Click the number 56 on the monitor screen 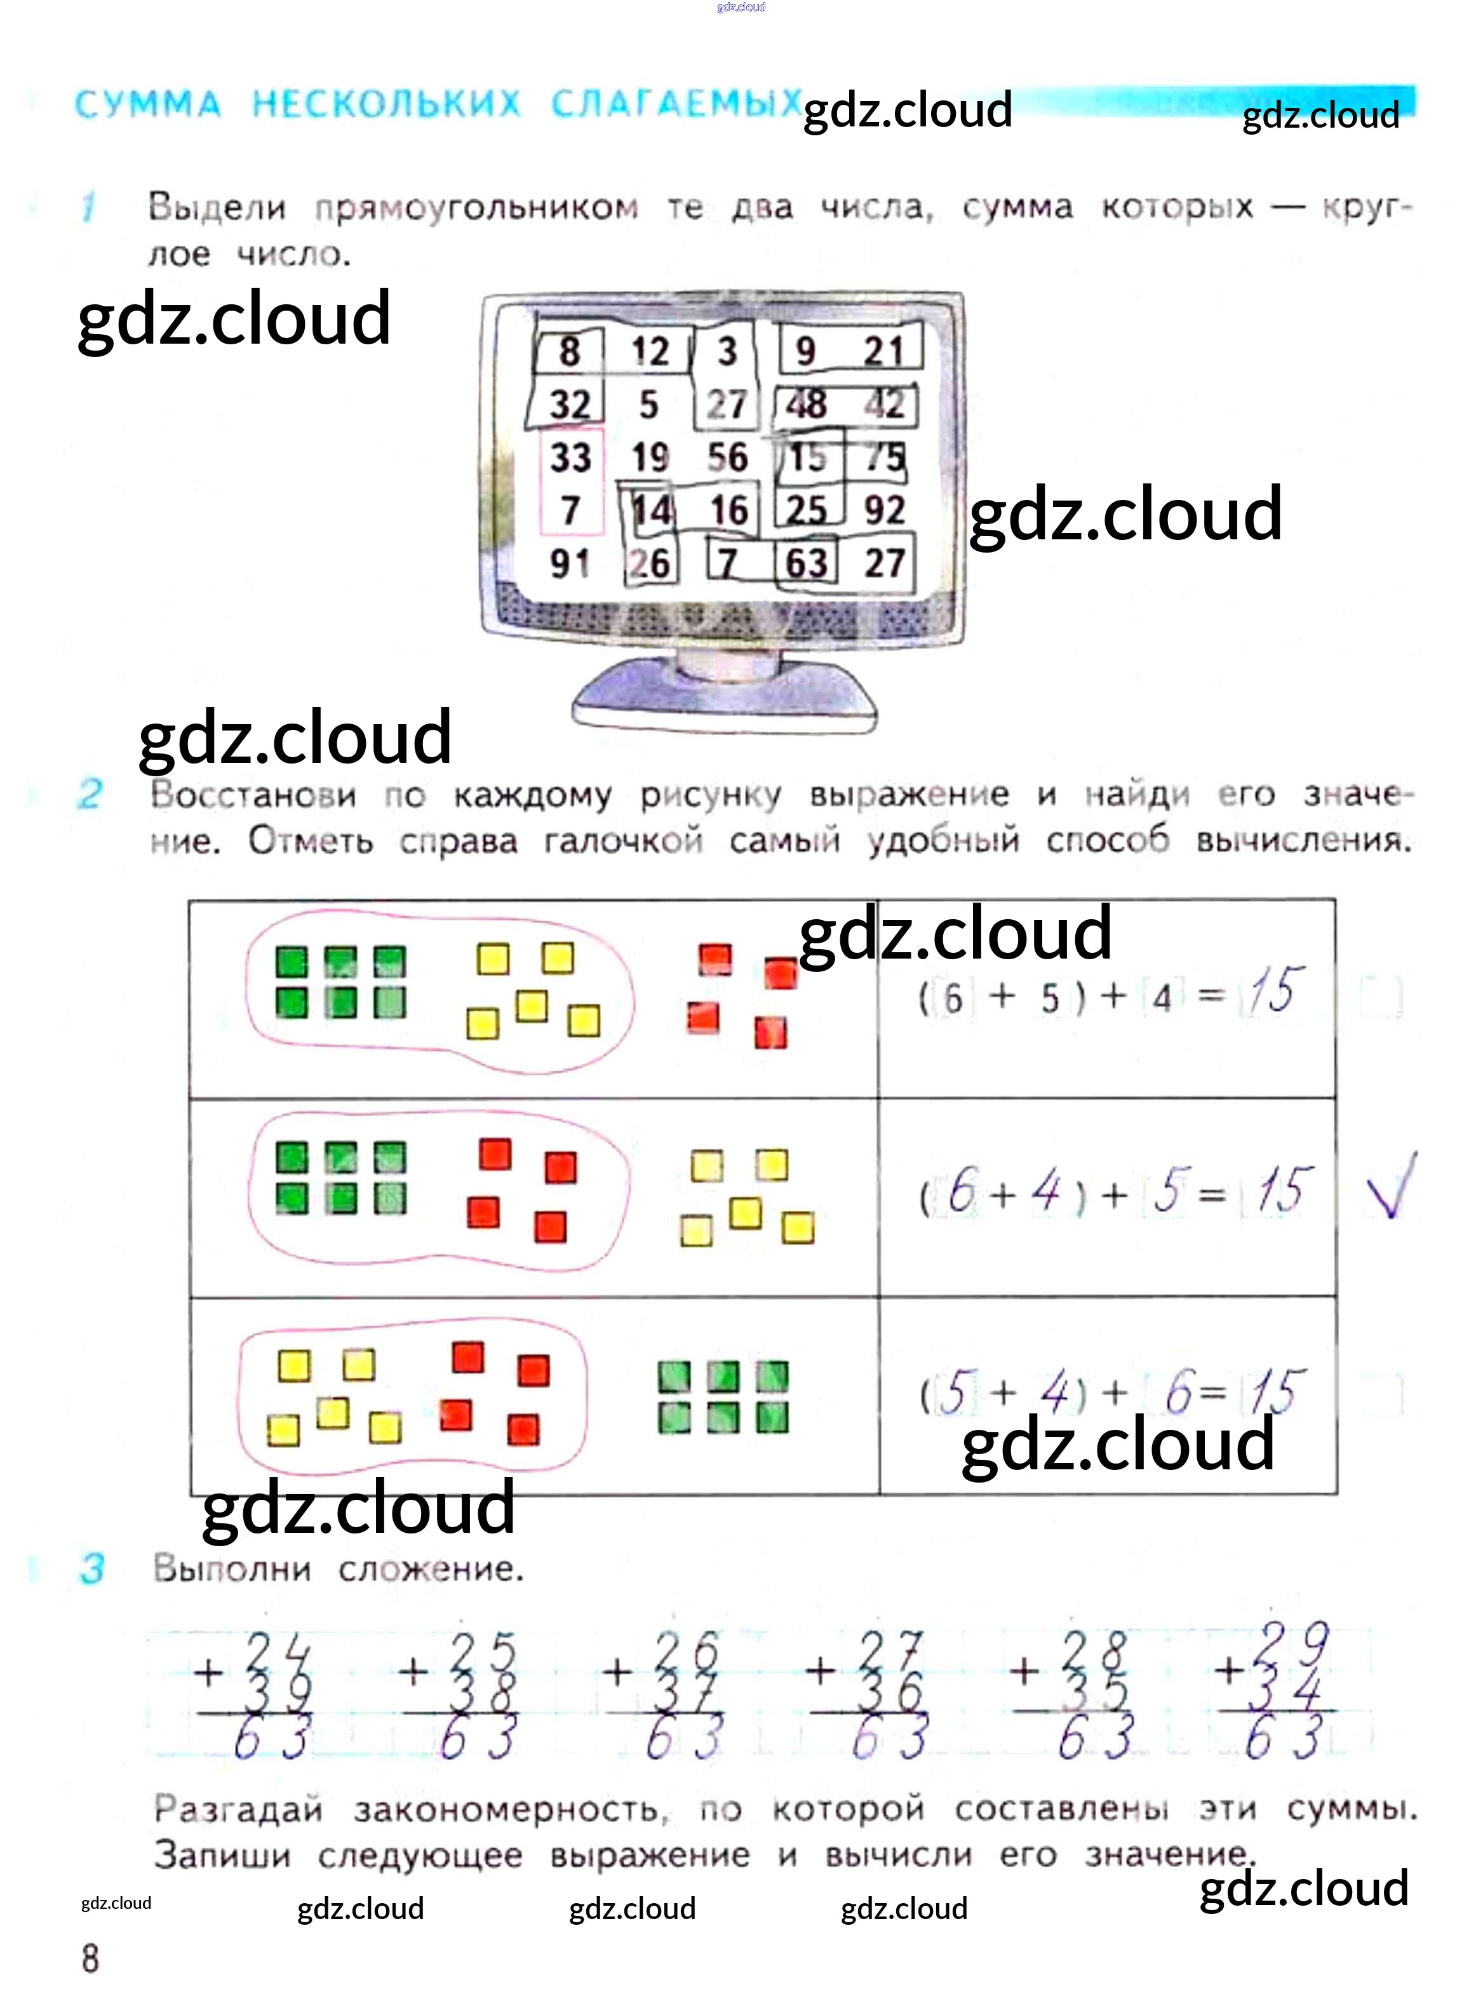coord(727,458)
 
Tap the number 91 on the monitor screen coord(570,563)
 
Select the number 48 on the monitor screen coord(806,404)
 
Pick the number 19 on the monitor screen coord(650,458)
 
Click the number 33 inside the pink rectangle coord(571,458)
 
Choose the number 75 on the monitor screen coord(885,458)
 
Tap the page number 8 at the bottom coord(91,1958)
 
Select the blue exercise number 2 coord(90,793)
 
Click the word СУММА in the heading coord(148,105)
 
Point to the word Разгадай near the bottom coord(238,1808)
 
